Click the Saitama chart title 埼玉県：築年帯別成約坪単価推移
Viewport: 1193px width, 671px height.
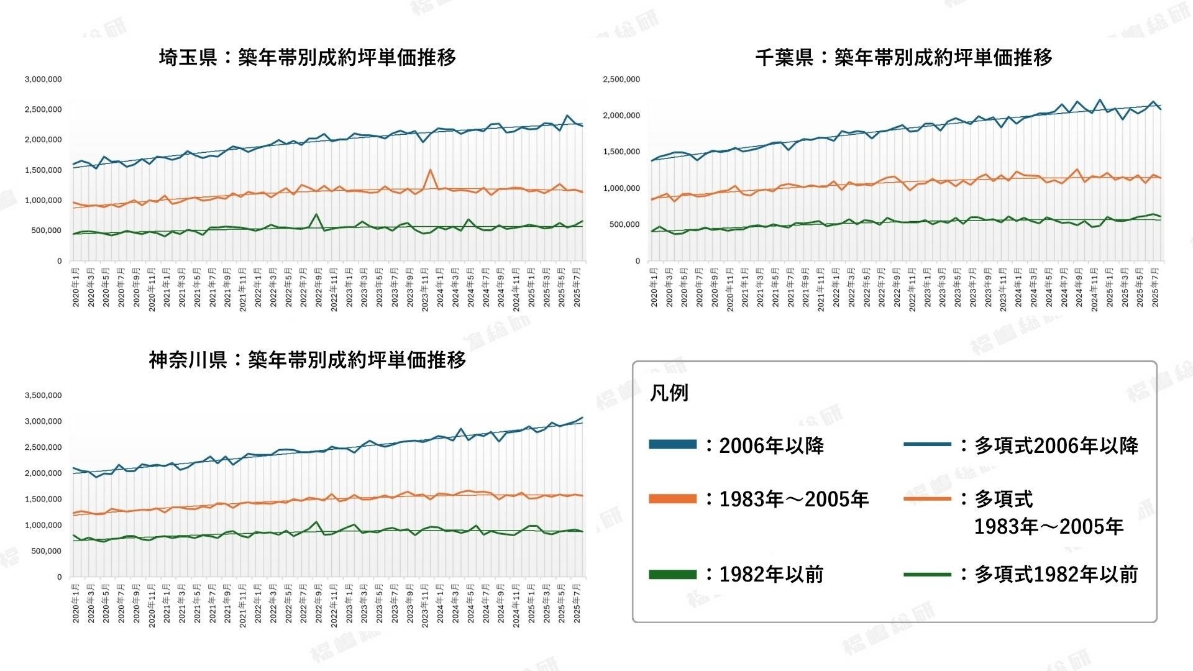click(x=308, y=58)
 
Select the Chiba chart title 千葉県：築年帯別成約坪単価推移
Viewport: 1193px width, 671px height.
click(x=903, y=58)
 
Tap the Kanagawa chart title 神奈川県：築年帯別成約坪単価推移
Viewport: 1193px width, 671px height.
click(x=308, y=360)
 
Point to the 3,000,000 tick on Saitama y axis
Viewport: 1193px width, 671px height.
click(x=43, y=80)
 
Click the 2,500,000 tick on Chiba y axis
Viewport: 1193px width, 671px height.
click(x=621, y=80)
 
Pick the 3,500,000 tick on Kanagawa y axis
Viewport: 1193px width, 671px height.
click(x=43, y=395)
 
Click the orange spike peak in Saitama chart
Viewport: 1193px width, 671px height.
click(x=430, y=170)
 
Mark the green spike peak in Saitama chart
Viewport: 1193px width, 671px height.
click(x=316, y=214)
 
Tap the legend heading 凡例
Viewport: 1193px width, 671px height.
click(x=669, y=393)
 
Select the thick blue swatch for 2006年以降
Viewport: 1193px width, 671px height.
click(x=672, y=444)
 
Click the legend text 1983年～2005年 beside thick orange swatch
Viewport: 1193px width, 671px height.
click(x=793, y=499)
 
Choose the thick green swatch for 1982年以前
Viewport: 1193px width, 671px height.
click(x=672, y=575)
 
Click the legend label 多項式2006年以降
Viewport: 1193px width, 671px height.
click(x=1056, y=445)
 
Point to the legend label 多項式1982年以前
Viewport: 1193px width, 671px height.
click(x=1056, y=575)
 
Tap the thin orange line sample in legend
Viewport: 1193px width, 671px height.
click(x=927, y=499)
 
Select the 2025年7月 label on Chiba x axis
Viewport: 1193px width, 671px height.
click(x=1155, y=287)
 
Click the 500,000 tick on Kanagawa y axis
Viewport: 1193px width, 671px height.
click(x=43, y=551)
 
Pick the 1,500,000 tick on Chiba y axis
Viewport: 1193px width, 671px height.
click(x=621, y=152)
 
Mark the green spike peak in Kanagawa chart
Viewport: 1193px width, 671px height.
click(x=316, y=522)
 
